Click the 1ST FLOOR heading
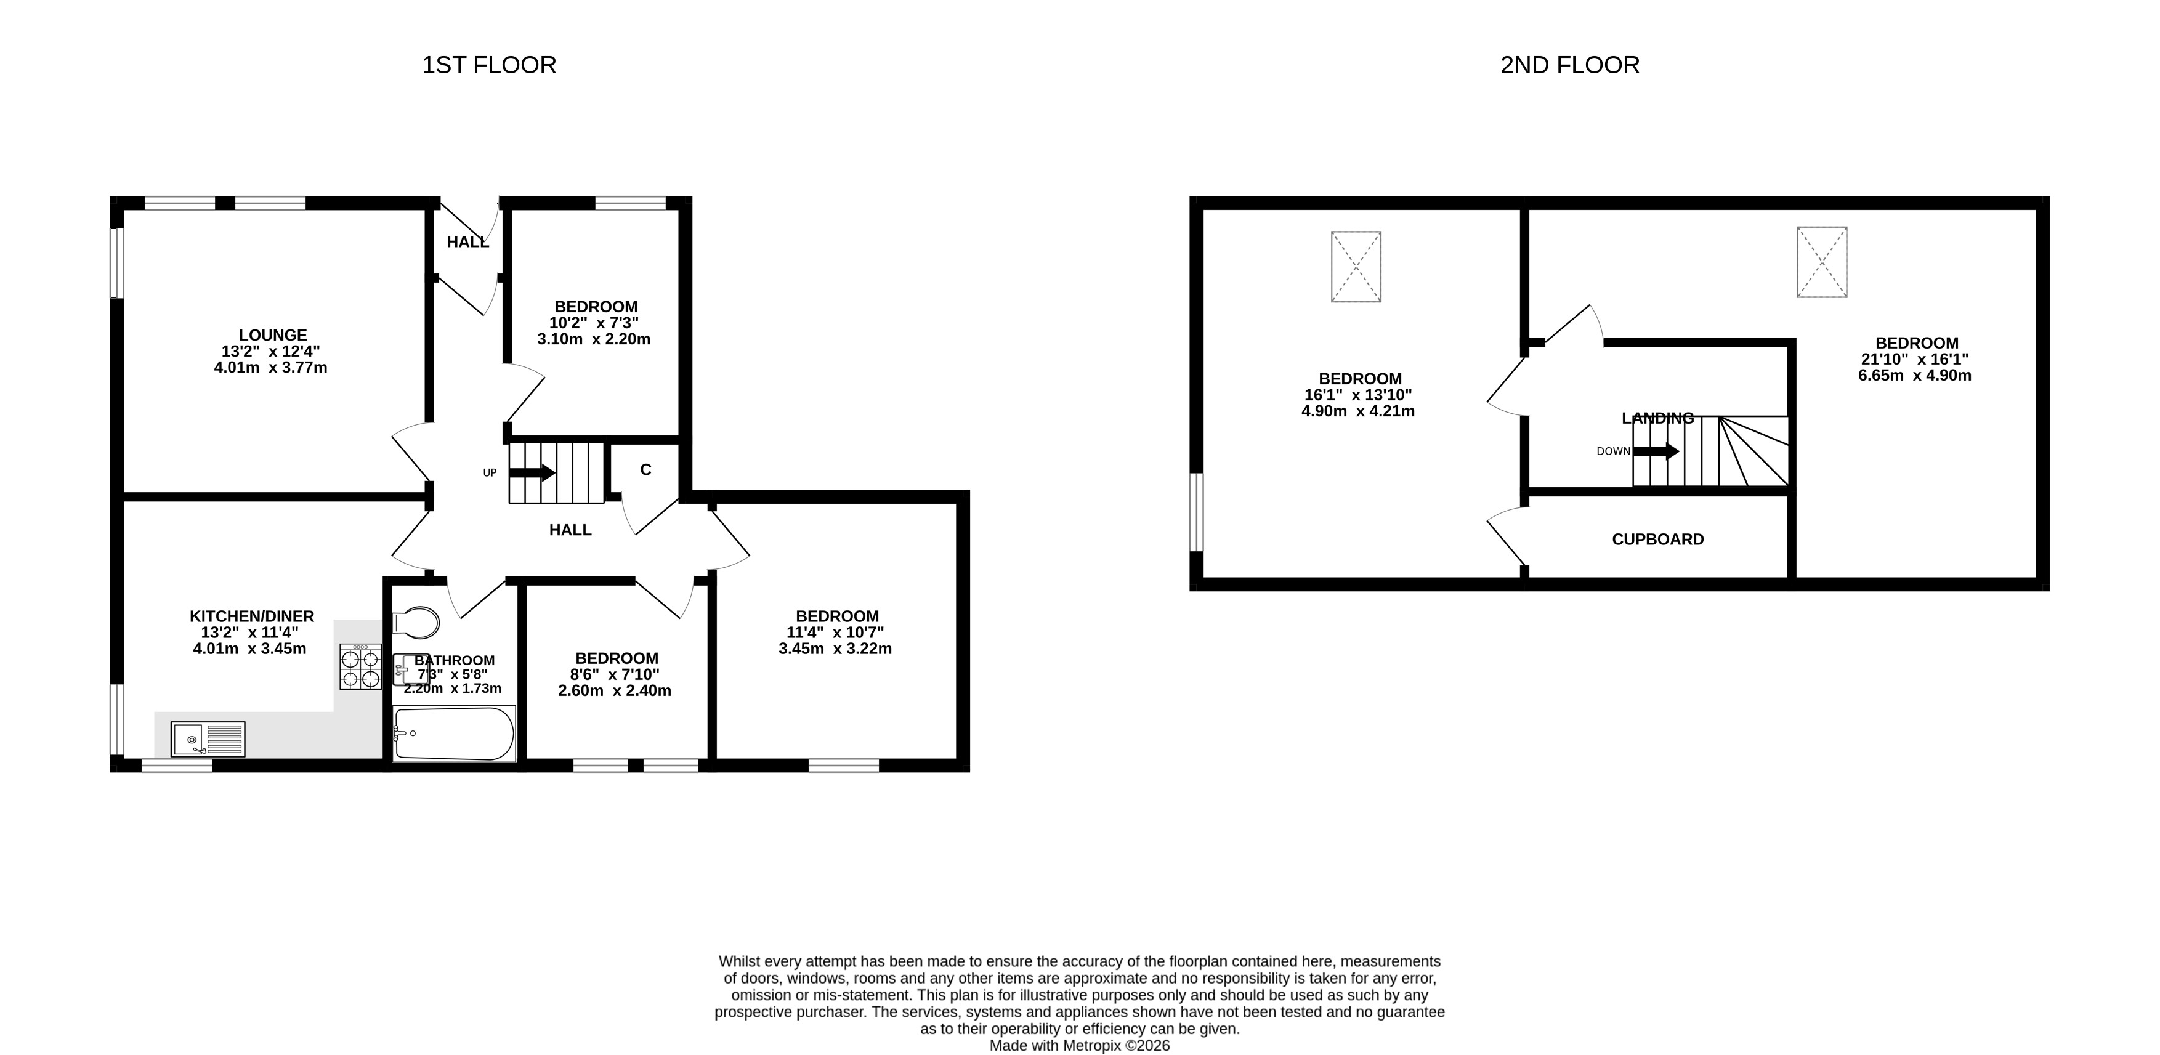click(489, 65)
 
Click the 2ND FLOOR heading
click(1570, 65)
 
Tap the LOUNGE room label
click(272, 334)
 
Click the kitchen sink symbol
click(208, 739)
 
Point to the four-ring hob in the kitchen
click(360, 667)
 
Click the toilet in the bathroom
click(416, 622)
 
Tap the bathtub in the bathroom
click(454, 734)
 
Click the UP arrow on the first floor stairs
click(532, 472)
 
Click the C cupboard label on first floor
click(645, 470)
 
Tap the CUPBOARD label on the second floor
click(1658, 540)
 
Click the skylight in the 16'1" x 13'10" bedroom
click(1356, 267)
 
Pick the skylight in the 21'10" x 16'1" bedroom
click(1822, 262)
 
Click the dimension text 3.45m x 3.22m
click(835, 649)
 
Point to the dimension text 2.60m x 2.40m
click(615, 691)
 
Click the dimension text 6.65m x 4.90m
click(1915, 375)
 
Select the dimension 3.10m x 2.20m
click(594, 339)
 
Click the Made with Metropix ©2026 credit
click(1080, 1046)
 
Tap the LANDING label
click(1658, 418)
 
